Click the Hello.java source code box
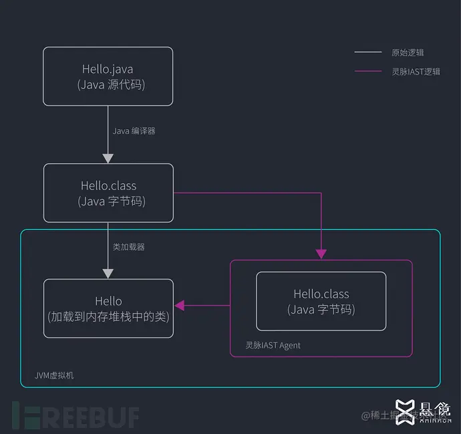pos(108,76)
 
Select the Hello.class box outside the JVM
pos(108,193)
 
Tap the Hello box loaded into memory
pos(108,308)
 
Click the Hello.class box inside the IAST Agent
pos(321,301)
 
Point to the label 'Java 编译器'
pos(134,131)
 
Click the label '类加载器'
pos(128,247)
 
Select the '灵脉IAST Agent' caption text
pos(273,345)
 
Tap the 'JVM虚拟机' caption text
pos(54,375)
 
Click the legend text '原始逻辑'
pos(408,52)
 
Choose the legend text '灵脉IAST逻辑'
pos(416,72)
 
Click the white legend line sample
pos(367,52)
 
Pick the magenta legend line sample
pos(367,72)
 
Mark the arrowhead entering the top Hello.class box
pos(108,158)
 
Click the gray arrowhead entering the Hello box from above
pos(108,274)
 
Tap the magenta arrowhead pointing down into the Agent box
pos(321,254)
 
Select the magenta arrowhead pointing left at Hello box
pos(180,306)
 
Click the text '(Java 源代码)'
pos(111,85)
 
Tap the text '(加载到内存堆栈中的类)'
pos(108,316)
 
